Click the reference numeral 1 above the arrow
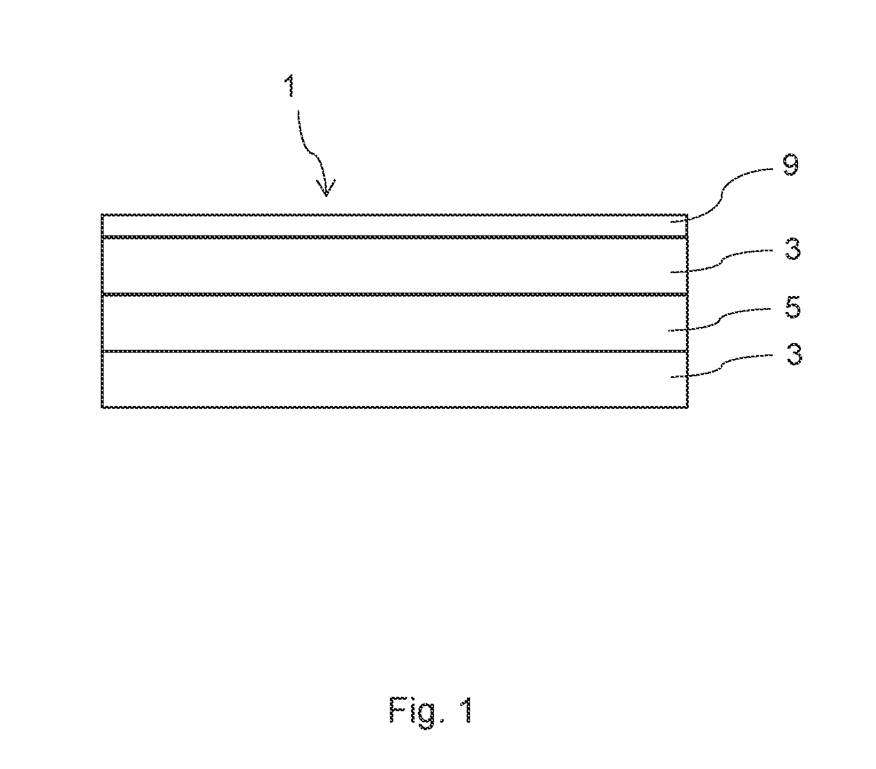coord(291,86)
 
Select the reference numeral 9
coord(791,165)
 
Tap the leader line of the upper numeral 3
coord(721,261)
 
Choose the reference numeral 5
coord(792,307)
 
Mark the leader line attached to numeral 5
coord(720,319)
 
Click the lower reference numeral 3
coord(794,354)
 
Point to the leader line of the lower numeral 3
coord(721,366)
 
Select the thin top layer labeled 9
coord(394,226)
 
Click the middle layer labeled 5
coord(394,322)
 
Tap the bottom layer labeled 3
coord(394,379)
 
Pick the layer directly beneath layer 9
coord(394,266)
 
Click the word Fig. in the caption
coord(417,710)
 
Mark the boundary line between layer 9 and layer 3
coord(394,238)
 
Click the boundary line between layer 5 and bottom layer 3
coord(394,351)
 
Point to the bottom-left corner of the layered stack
coord(102,407)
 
